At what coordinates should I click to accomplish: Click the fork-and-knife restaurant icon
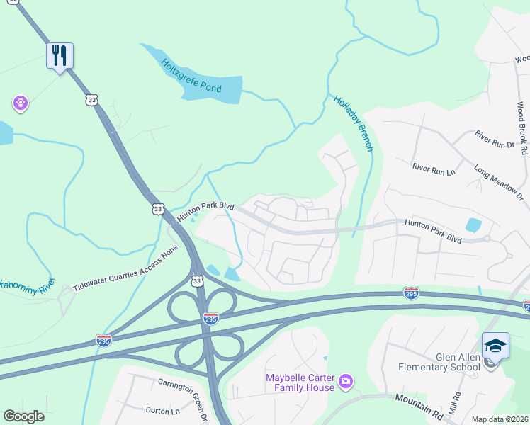(x=60, y=55)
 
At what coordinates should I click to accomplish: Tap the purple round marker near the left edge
(x=21, y=103)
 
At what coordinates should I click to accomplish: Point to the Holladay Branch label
(x=353, y=123)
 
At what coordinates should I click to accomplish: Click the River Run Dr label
(x=495, y=139)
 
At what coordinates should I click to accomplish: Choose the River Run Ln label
(x=433, y=167)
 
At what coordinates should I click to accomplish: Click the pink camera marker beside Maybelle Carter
(x=345, y=382)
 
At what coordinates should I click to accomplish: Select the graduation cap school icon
(x=495, y=346)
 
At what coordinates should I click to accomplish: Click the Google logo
(x=23, y=416)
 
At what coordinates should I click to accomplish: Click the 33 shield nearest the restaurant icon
(x=90, y=101)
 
